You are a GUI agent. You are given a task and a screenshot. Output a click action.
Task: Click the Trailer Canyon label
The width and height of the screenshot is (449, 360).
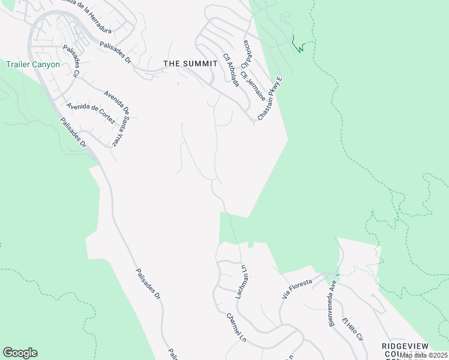(x=33, y=64)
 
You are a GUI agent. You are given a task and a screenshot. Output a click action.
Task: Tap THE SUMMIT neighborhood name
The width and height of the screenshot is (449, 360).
(x=190, y=63)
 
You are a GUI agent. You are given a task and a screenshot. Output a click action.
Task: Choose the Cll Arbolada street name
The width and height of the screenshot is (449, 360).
(x=231, y=70)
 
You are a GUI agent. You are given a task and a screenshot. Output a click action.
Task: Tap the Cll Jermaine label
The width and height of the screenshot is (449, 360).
(x=252, y=86)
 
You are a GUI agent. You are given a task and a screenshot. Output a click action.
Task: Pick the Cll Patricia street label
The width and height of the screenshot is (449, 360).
(x=246, y=54)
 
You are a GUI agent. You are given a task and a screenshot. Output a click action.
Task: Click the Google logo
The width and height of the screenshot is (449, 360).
(x=20, y=353)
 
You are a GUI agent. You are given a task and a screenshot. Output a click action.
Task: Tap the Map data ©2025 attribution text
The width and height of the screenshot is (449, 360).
(x=423, y=355)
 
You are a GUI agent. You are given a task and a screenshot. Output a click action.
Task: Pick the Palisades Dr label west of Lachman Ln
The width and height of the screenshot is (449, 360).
(x=148, y=284)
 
